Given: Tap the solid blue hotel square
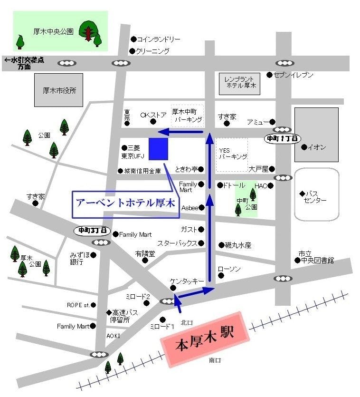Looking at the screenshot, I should pyautogui.click(x=158, y=149).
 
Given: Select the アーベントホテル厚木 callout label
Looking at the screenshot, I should pyautogui.click(x=125, y=203).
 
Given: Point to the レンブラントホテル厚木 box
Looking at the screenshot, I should pyautogui.click(x=240, y=83).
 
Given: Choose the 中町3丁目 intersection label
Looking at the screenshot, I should pyautogui.click(x=93, y=230).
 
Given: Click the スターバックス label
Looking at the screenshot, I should pyautogui.click(x=177, y=243).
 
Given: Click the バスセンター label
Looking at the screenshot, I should pyautogui.click(x=316, y=197).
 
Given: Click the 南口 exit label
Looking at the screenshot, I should pyautogui.click(x=215, y=360).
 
